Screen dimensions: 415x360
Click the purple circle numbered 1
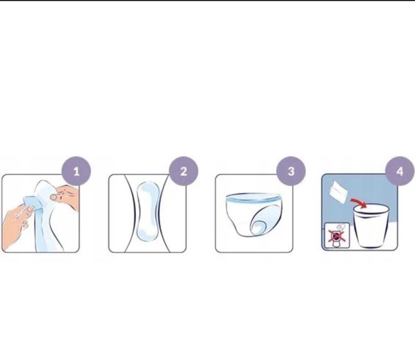point(76,172)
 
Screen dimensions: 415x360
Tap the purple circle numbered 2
point(184,172)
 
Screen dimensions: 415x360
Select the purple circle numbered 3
point(291,172)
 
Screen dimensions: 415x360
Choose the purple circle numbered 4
point(400,172)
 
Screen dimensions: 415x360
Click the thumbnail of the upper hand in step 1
point(53,197)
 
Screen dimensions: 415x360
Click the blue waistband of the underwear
point(253,197)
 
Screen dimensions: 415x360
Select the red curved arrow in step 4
point(359,202)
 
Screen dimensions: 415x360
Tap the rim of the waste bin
point(371,209)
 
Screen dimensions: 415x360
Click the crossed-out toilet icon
point(337,235)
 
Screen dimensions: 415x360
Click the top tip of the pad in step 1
point(42,181)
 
